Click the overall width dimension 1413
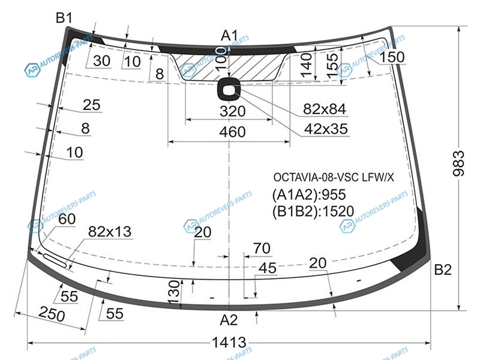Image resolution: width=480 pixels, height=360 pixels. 229,342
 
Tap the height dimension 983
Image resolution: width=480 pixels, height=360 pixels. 458,163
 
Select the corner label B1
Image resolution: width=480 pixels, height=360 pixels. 64,18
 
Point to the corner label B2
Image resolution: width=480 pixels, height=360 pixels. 443,269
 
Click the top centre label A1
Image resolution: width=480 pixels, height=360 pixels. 230,35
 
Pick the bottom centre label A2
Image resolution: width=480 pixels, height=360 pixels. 229,320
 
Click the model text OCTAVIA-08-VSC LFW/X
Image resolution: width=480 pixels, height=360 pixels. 334,177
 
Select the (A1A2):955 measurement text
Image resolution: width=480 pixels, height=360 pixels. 309,194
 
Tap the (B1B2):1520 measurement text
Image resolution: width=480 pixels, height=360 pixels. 313,211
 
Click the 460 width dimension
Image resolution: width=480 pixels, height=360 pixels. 232,132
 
